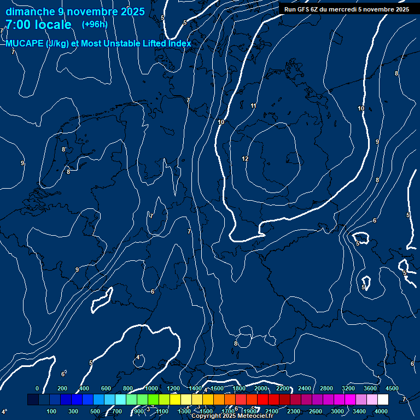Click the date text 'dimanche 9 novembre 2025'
(x=75, y=11)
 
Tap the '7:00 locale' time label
(x=38, y=25)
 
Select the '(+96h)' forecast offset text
(x=95, y=25)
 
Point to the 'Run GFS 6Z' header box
(x=346, y=9)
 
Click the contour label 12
(x=245, y=159)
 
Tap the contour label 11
(x=253, y=106)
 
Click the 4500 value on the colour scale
(x=392, y=388)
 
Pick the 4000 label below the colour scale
(x=381, y=411)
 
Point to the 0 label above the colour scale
(x=37, y=388)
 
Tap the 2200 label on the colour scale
(x=283, y=388)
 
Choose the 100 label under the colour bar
(x=52, y=411)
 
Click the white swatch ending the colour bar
(x=383, y=400)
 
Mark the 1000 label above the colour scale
(x=151, y=388)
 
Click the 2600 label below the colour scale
(x=316, y=411)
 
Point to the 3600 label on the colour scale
(x=370, y=388)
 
